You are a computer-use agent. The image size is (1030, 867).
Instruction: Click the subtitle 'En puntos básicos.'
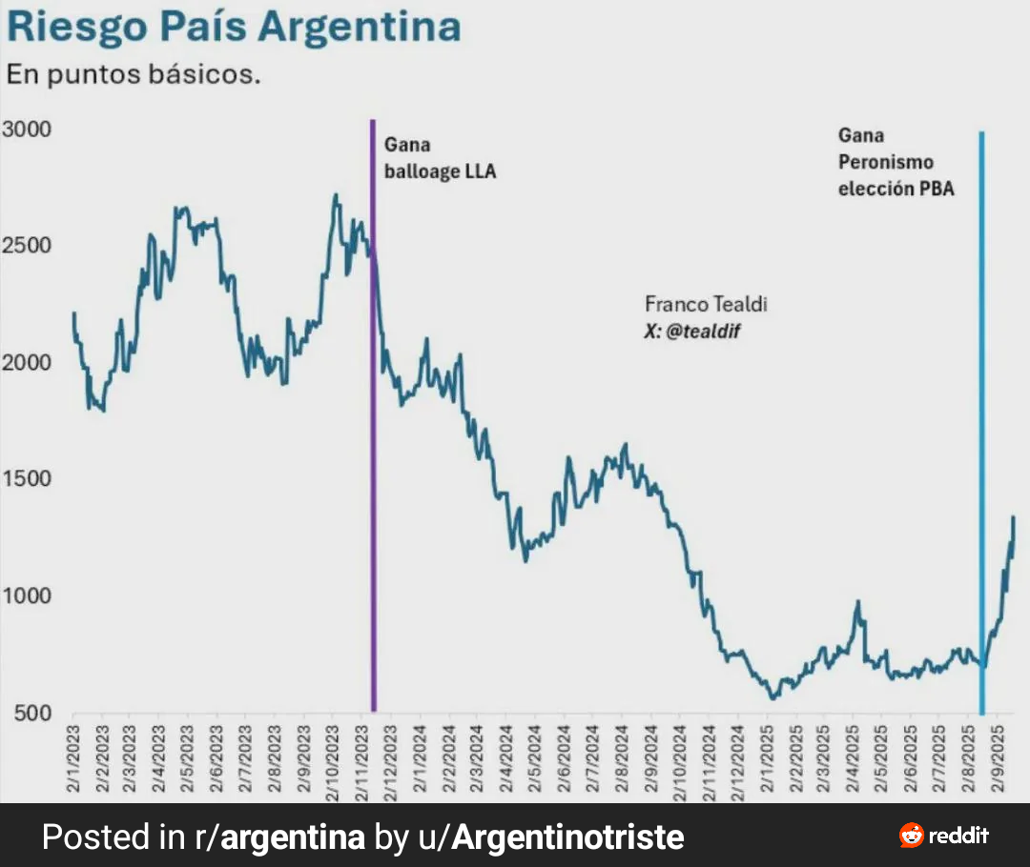134,74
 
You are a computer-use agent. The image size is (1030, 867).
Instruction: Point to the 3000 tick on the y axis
26,129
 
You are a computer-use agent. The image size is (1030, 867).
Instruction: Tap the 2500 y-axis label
26,246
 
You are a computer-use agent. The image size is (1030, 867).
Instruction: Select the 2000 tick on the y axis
26,363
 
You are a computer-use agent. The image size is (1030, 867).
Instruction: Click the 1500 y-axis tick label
26,479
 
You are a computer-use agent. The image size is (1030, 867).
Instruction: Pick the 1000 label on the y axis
26,596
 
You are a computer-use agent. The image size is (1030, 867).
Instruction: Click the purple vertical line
373,429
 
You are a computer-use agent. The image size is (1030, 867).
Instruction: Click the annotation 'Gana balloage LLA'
440,159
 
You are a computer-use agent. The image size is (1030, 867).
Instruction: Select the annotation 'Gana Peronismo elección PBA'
896,162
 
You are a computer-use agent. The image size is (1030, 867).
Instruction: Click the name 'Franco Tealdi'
706,304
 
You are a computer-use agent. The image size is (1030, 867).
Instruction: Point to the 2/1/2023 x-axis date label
74,757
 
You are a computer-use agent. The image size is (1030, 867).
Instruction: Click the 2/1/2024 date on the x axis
421,757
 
